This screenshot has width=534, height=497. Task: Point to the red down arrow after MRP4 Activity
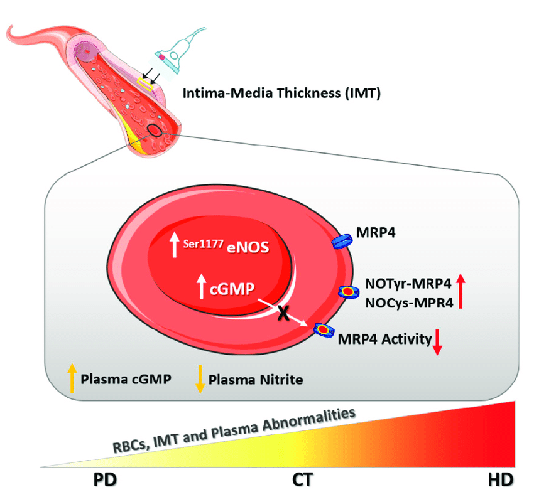[x=438, y=342]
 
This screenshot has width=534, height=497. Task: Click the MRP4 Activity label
[x=384, y=339]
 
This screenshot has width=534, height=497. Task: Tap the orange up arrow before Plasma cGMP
[x=72, y=378]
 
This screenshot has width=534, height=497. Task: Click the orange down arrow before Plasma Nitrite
[x=200, y=378]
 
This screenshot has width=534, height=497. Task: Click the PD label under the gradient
[x=105, y=480]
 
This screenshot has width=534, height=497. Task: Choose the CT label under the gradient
[x=302, y=480]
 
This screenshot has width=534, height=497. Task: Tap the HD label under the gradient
[x=500, y=480]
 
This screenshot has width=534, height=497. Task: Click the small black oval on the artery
[x=154, y=130]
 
